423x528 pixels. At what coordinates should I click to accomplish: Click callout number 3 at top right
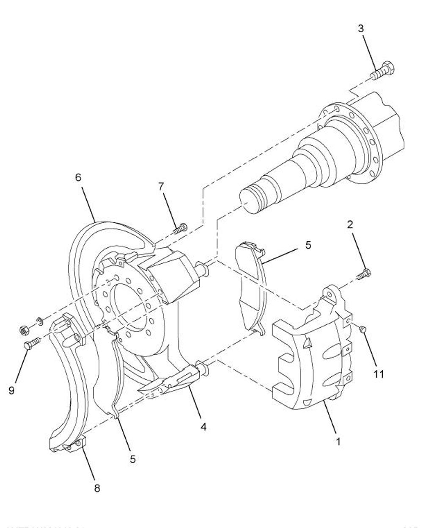click(x=360, y=29)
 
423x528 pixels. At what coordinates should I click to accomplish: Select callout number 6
click(x=78, y=177)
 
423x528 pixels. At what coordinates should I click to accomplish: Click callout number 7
click(x=162, y=187)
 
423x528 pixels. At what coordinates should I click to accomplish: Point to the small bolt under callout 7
click(x=180, y=229)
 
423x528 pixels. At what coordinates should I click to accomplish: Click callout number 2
click(x=350, y=224)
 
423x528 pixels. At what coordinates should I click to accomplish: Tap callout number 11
click(x=379, y=374)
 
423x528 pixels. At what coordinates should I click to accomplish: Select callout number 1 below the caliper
click(x=338, y=441)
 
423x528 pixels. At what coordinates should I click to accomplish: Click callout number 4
click(x=203, y=427)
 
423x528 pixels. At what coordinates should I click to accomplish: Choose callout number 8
click(x=97, y=488)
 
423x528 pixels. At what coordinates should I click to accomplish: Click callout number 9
click(x=11, y=390)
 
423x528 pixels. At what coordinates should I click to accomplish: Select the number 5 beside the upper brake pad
click(x=308, y=245)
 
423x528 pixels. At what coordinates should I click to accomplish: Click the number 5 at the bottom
click(x=133, y=459)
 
